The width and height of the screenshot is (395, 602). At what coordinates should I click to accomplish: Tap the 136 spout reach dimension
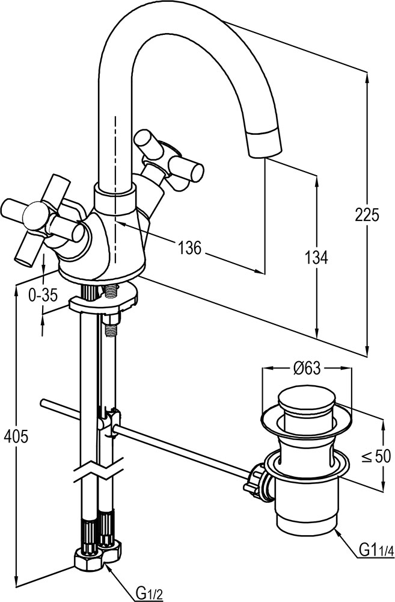[188, 246]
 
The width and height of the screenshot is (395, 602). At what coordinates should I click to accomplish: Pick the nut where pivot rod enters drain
[259, 479]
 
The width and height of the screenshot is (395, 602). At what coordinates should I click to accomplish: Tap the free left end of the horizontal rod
[42, 402]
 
